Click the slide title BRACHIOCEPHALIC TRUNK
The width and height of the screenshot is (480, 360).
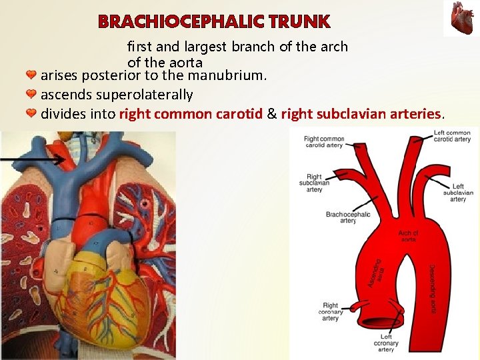pos(214,22)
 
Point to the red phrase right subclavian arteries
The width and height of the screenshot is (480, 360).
pos(361,114)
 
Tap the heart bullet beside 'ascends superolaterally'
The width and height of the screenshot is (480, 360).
pos(31,94)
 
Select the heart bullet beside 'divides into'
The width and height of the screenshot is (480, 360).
pos(31,113)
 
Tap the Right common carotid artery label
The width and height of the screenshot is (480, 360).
pos(323,142)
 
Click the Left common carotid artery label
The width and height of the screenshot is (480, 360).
pos(452,136)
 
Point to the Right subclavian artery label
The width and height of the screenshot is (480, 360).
pos(314,183)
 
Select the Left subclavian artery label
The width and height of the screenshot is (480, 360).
pos(457,193)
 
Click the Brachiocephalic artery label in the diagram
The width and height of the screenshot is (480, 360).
pos(348,217)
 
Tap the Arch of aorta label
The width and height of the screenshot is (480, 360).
pos(409,236)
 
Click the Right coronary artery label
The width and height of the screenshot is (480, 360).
pos(330,311)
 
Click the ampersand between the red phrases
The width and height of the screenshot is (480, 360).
pos(271,114)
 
